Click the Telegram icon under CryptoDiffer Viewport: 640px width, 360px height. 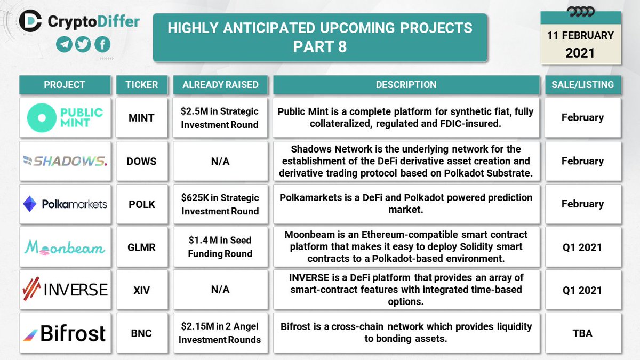(x=65, y=45)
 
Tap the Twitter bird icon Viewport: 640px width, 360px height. (x=83, y=45)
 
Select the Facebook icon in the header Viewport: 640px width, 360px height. (x=102, y=45)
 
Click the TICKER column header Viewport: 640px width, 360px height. (x=141, y=84)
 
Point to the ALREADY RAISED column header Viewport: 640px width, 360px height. (x=220, y=84)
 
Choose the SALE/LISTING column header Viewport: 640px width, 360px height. (x=582, y=84)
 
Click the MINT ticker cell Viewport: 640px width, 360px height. (x=141, y=118)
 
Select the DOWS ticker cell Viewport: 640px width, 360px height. (x=141, y=161)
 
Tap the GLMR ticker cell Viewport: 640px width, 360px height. (x=141, y=247)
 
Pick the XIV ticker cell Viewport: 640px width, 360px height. (x=141, y=290)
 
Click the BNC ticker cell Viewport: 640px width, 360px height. (x=141, y=333)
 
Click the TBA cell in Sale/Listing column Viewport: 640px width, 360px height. (x=582, y=333)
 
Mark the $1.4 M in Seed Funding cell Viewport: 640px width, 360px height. (x=220, y=247)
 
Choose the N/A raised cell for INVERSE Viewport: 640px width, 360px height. (x=220, y=290)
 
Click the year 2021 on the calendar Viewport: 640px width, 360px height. (x=580, y=53)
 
